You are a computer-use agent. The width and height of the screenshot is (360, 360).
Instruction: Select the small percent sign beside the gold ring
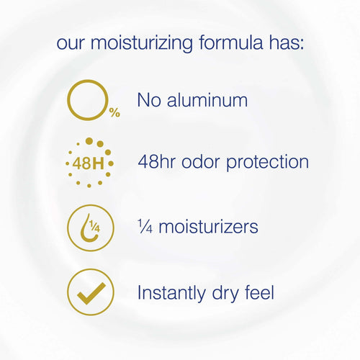coord(114,113)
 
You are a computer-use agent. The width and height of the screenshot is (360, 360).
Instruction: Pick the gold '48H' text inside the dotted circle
coord(88,163)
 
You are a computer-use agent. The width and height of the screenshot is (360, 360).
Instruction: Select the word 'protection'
coord(271,163)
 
